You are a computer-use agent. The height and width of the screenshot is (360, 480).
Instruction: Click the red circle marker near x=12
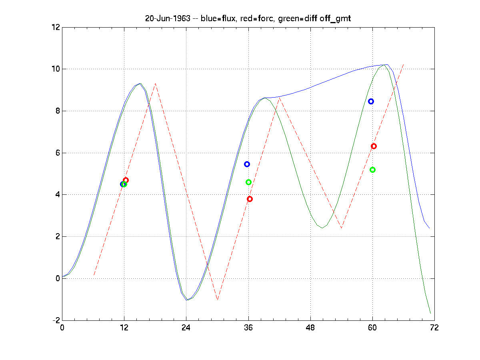(126, 180)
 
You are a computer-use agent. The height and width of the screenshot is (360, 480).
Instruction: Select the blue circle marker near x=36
(247, 164)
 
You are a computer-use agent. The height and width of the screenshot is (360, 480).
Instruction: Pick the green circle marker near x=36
(248, 182)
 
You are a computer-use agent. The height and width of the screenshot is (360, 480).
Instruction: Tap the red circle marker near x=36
(250, 199)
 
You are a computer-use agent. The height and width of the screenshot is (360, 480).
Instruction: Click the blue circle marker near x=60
(371, 102)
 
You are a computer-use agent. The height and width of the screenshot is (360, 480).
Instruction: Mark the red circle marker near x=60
(374, 146)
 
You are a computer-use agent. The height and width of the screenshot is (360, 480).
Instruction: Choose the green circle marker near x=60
(372, 170)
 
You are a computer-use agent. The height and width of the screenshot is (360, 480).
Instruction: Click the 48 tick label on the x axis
(310, 327)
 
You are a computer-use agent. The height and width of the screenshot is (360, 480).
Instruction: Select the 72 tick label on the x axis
(434, 327)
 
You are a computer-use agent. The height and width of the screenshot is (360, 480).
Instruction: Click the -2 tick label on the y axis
(55, 320)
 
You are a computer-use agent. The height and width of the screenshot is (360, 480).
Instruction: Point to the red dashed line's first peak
(155, 84)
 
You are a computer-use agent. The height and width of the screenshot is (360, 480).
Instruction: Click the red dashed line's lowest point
(217, 300)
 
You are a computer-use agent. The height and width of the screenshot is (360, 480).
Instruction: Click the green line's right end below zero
(430, 313)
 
